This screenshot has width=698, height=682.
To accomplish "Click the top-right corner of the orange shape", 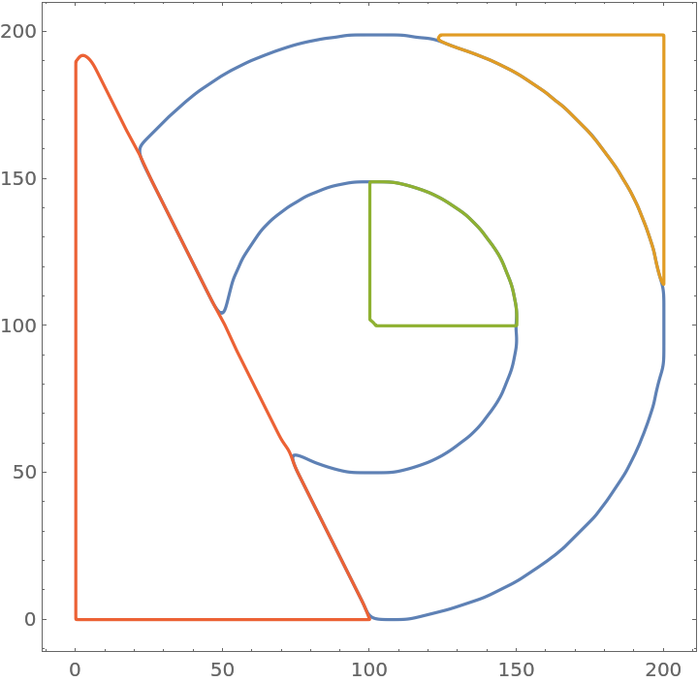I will (x=664, y=35).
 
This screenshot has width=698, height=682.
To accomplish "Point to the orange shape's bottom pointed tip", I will (x=663, y=283).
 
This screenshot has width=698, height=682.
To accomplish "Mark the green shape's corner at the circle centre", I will (x=371, y=324).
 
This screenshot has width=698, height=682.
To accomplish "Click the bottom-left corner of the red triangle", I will (x=76, y=619).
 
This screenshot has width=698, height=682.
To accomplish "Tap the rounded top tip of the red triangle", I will (x=83, y=56).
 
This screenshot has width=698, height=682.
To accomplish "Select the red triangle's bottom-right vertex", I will (x=369, y=618).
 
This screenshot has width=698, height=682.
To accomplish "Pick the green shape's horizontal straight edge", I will (x=446, y=325).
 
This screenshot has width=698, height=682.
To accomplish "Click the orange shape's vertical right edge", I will (x=664, y=155).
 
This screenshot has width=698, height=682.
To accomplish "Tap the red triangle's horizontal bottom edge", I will (x=223, y=619).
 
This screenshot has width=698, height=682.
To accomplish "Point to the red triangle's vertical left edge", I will (x=76, y=339).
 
